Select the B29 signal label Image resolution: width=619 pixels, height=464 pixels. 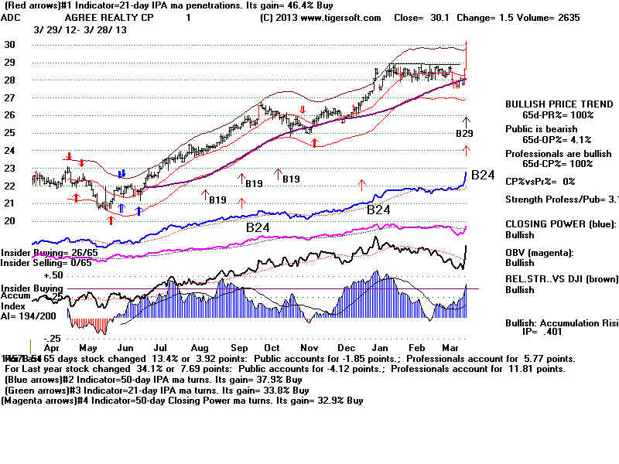pyautogui.click(x=465, y=134)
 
